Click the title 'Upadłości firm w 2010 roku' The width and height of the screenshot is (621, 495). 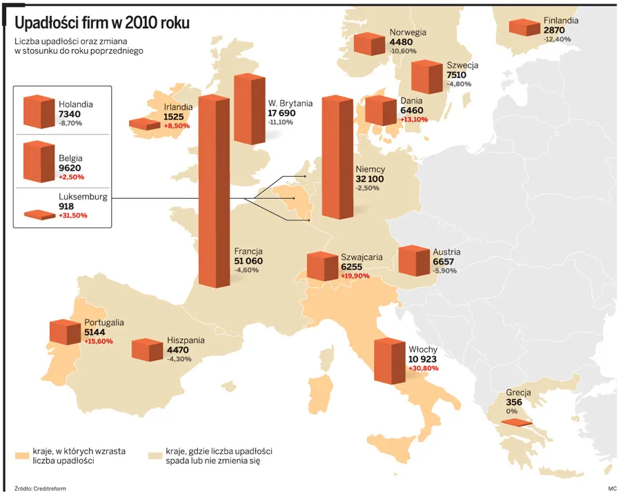pyautogui.click(x=102, y=23)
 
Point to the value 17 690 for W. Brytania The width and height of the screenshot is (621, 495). pyautogui.click(x=282, y=113)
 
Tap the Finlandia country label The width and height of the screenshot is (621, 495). pyautogui.click(x=560, y=21)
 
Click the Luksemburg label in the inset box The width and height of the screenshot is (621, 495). pyautogui.click(x=83, y=197)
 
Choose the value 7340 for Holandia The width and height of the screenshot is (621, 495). pyautogui.click(x=70, y=114)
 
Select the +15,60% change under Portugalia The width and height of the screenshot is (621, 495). pyautogui.click(x=98, y=341)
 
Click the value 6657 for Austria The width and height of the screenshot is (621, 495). pyautogui.click(x=443, y=262)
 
